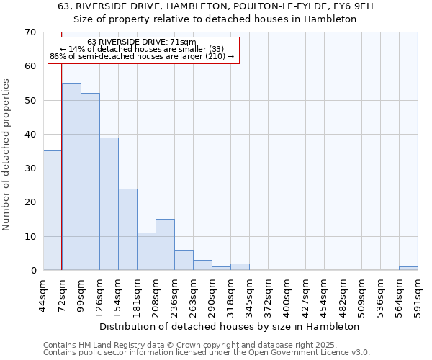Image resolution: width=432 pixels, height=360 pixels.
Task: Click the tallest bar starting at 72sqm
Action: pos(71,176)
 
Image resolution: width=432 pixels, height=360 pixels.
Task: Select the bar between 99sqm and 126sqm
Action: pos(90,181)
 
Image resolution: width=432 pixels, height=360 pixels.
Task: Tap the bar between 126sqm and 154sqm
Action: pos(109,204)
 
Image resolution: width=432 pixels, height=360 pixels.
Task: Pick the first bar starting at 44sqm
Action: pos(53,210)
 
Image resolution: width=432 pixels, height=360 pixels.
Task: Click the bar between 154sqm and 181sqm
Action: pos(127,229)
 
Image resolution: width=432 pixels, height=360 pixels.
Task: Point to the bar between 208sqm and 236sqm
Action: pos(165,244)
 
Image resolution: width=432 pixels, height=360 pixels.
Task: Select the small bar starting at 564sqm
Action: pos(408,268)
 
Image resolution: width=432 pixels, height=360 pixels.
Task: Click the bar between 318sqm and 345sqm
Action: pos(240,266)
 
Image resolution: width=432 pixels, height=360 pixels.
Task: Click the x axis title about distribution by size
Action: pos(229,326)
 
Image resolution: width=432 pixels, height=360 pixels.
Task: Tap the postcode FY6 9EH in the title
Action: pos(351,6)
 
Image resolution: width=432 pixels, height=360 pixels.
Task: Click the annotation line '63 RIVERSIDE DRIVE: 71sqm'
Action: pos(141,42)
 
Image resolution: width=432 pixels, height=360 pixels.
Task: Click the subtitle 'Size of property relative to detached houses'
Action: pos(215,19)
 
